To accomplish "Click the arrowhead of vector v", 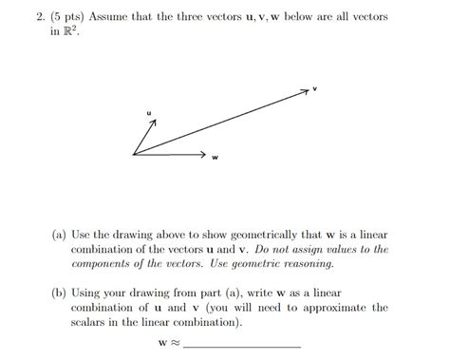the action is (x=306, y=91).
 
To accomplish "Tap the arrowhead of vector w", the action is (x=203, y=152).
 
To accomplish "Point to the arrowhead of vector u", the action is (x=149, y=125).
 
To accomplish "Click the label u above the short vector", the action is (x=149, y=113).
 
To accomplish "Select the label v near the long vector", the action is (x=315, y=88).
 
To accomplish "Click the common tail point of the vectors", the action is (x=135, y=152).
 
